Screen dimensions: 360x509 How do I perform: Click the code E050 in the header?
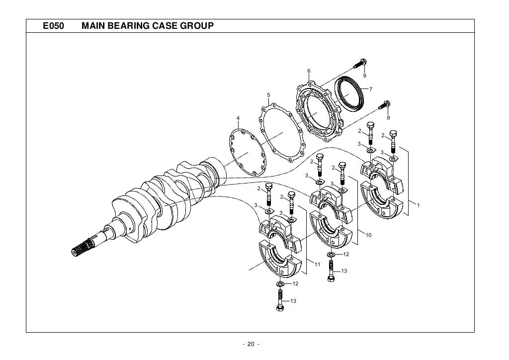pos(53,25)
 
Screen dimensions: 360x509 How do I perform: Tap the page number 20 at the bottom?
pos(248,345)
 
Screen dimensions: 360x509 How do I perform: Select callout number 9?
pos(364,76)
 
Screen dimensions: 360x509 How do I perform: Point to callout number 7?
pos(370,89)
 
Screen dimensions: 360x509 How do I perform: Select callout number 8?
pos(388,118)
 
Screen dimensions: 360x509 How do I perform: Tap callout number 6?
pos(309,71)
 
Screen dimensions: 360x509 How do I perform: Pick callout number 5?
pos(268,94)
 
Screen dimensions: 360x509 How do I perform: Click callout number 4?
pos(238,118)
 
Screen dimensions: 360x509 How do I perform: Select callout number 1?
pos(419,205)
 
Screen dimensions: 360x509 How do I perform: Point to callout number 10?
pos(368,235)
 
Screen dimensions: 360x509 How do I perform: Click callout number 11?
pos(317,264)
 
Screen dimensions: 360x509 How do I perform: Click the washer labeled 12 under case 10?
pos(331,255)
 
